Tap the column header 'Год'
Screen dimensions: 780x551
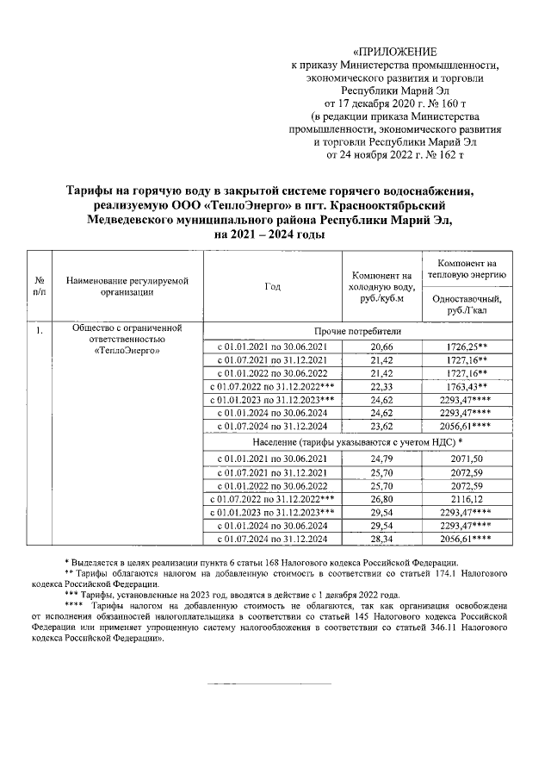272,286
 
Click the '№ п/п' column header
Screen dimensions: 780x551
39,286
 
